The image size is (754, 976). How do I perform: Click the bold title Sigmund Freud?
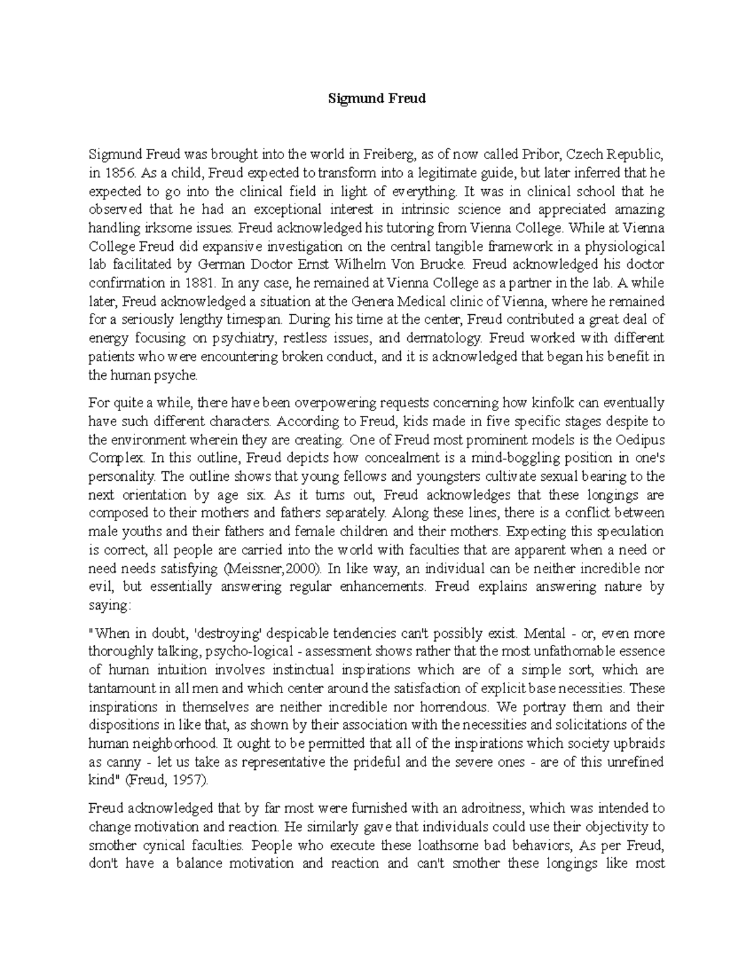coord(378,99)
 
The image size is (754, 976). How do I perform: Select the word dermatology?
coord(443,338)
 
